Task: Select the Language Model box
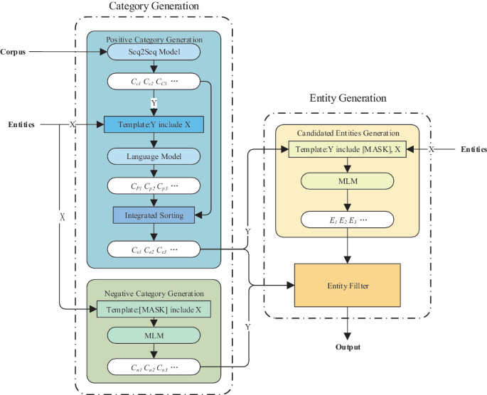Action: pyautogui.click(x=154, y=155)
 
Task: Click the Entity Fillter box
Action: pyautogui.click(x=348, y=285)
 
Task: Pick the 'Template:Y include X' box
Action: pyautogui.click(x=154, y=124)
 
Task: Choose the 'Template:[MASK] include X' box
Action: pyautogui.click(x=154, y=309)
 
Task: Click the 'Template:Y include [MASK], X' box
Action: pyautogui.click(x=348, y=150)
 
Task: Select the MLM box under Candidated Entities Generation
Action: pyautogui.click(x=348, y=183)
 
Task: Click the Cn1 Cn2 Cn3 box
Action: pyautogui.click(x=154, y=367)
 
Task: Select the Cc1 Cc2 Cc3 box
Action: pyautogui.click(x=154, y=82)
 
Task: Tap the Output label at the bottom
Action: pyautogui.click(x=348, y=347)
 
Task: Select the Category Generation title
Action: pyautogui.click(x=154, y=6)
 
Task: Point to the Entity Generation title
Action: pyautogui.click(x=348, y=98)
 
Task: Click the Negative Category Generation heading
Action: pyautogui.click(x=154, y=293)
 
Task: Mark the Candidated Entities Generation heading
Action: pyautogui.click(x=348, y=133)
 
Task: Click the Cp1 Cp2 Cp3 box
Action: pyautogui.click(x=154, y=185)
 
